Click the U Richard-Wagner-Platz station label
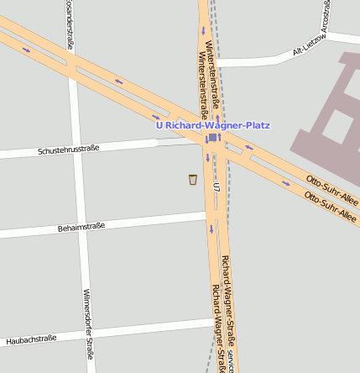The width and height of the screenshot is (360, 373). pos(213,125)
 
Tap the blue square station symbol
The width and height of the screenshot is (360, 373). pos(213,138)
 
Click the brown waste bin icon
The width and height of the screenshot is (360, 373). pos(193,179)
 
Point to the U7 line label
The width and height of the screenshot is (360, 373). pos(217,186)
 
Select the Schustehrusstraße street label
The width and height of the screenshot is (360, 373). pos(68,150)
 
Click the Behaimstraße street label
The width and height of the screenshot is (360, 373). pos(81,227)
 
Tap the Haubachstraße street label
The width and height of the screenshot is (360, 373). pos(31,339)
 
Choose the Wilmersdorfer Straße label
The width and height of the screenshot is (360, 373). pos(88,324)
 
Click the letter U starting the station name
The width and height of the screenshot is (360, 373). pos(159,125)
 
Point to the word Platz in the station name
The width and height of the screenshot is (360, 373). pos(255,125)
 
